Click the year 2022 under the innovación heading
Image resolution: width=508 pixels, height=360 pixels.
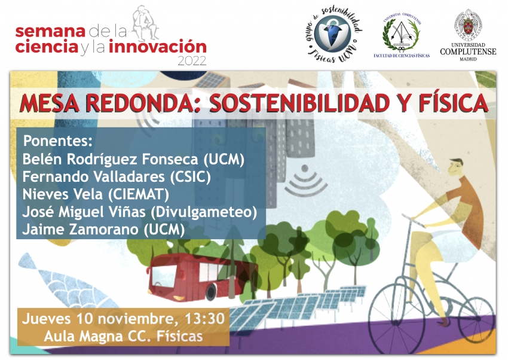[x=192, y=61]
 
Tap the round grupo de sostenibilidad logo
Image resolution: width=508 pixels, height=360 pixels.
[x=333, y=34]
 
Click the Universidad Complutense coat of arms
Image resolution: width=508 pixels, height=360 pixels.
[x=468, y=24]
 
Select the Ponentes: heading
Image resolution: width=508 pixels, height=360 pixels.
[x=57, y=141]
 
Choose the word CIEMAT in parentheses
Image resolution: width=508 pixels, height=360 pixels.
[x=138, y=194]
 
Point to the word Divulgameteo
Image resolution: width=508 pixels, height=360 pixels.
[x=204, y=212]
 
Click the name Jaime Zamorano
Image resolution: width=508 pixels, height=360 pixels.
[x=80, y=230]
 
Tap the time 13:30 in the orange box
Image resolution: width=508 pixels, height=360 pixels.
[x=204, y=319]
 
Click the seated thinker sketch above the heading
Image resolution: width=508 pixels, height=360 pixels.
[x=145, y=23]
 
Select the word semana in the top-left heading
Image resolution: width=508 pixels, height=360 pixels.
[x=50, y=32]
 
